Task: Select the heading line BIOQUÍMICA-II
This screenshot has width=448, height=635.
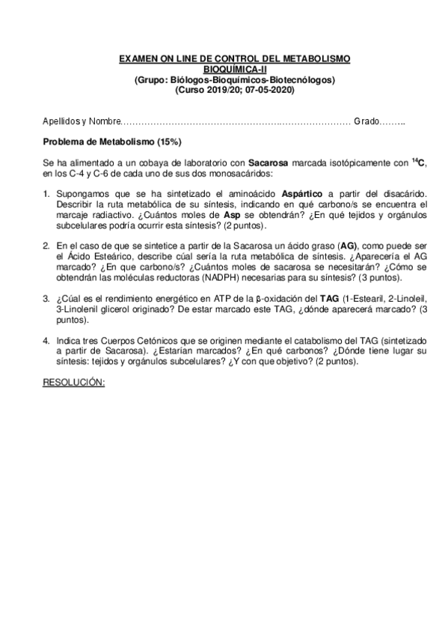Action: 224,69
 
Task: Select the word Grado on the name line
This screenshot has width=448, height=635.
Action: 366,121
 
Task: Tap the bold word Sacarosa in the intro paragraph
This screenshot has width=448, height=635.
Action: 267,162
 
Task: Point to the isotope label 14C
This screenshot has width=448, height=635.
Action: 420,162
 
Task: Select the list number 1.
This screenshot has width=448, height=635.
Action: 46,193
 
